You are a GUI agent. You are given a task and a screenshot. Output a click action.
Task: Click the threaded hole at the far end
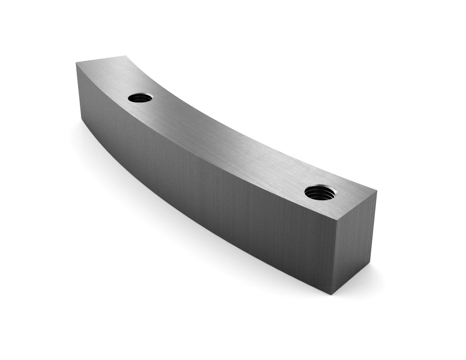point(140,98)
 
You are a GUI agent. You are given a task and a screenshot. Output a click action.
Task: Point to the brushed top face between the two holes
point(224,139)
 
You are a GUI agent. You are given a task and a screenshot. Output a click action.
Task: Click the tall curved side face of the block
point(204,190)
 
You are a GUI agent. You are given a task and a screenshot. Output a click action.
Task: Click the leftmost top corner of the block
point(76,63)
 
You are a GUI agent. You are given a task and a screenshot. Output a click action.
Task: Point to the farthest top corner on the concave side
point(126,55)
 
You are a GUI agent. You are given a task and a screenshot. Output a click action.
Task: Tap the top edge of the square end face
point(357,204)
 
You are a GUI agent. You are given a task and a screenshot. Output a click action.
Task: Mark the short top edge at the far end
point(101,59)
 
